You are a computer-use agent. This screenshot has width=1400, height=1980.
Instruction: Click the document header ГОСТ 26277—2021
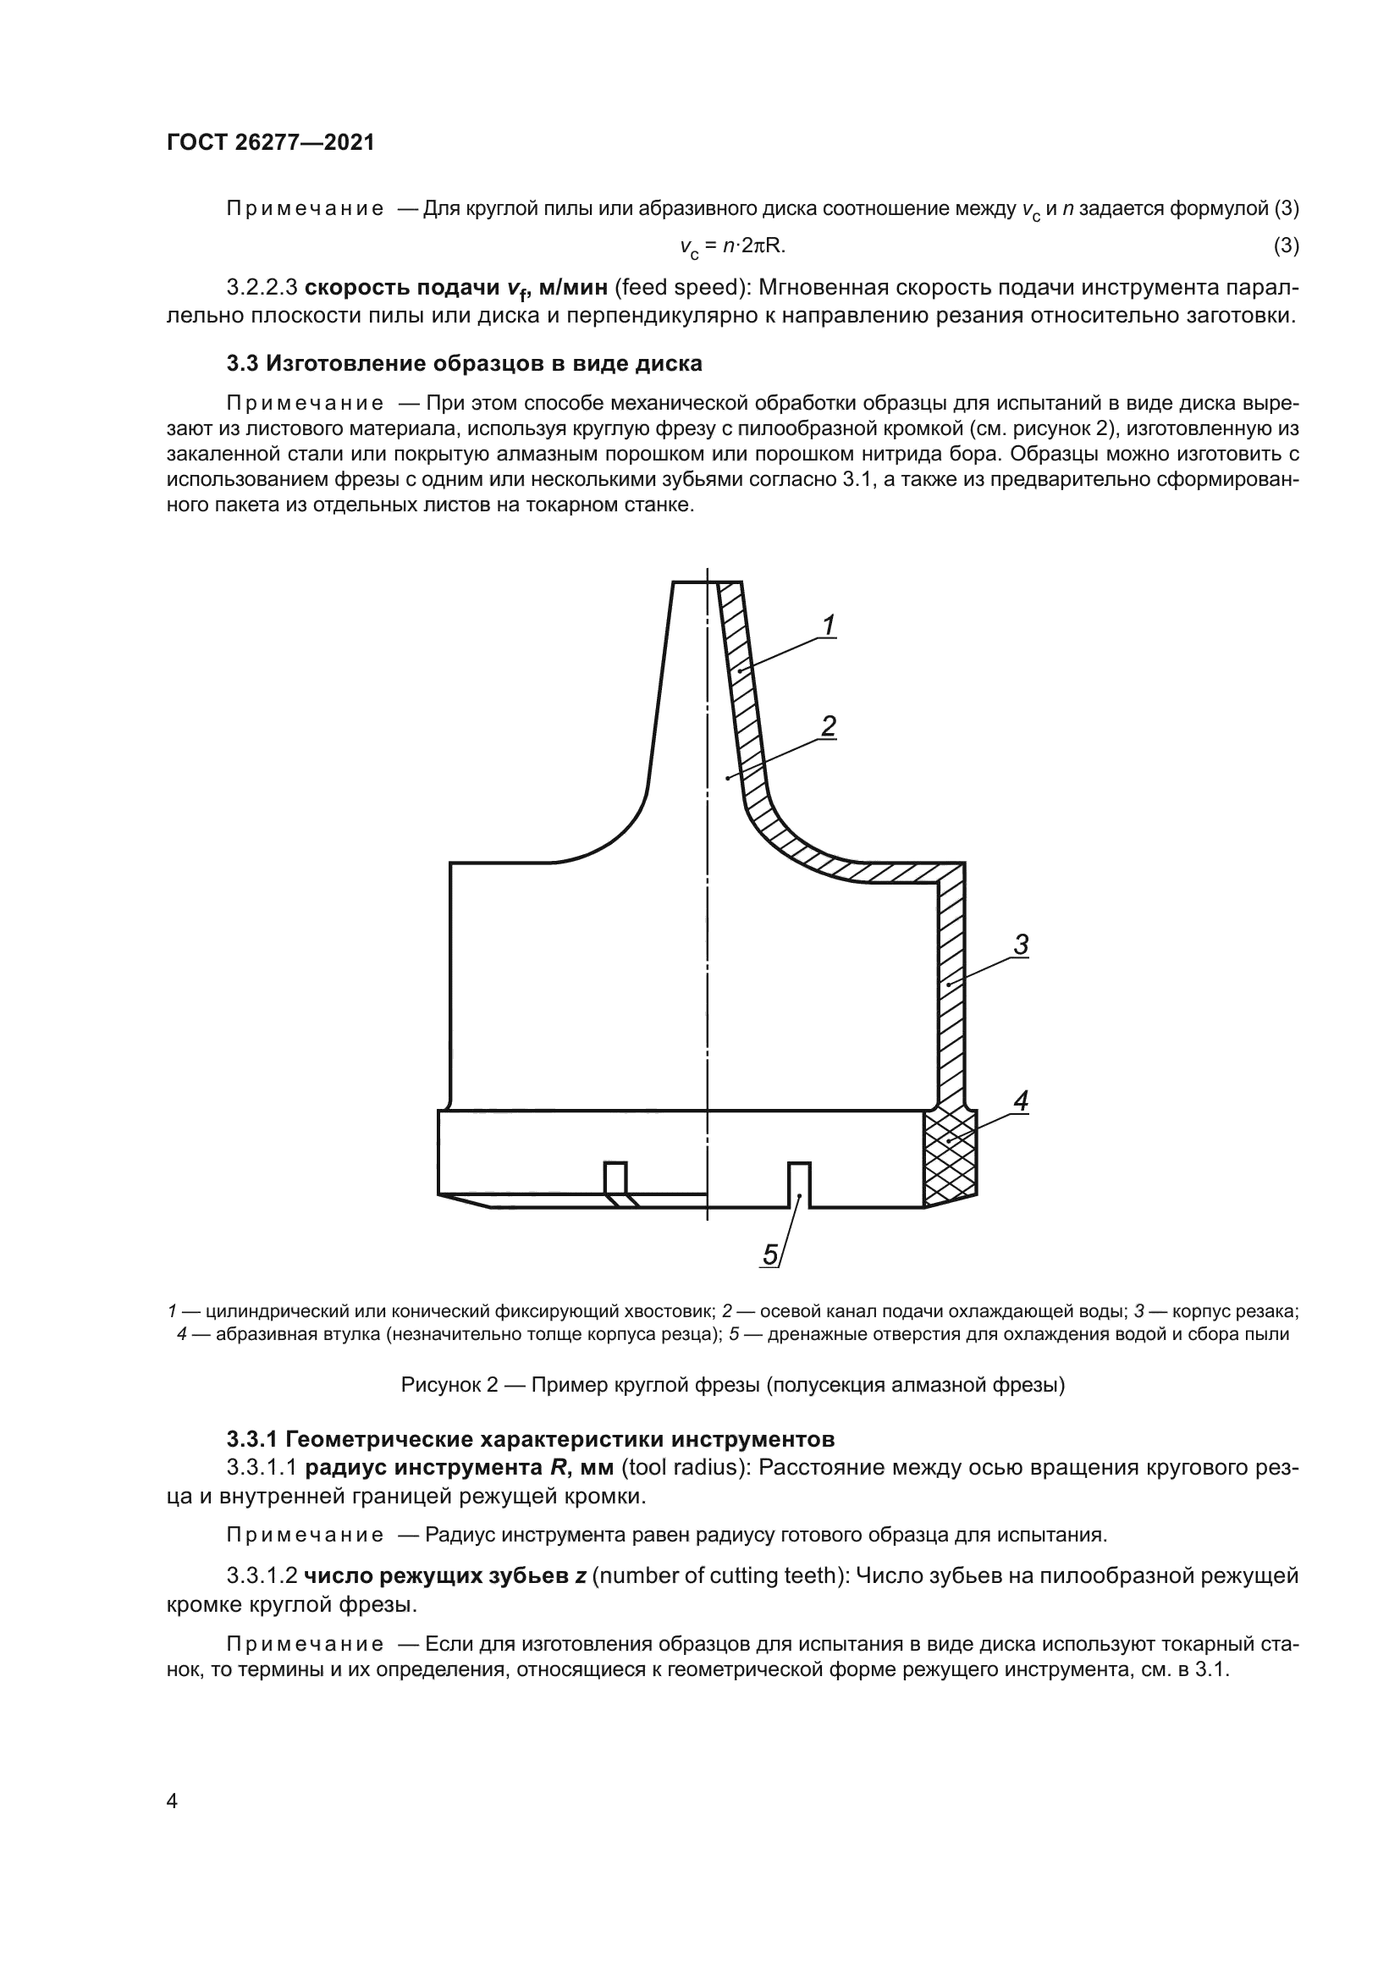click(x=271, y=143)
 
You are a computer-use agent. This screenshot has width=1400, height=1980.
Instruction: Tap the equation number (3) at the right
click(x=1286, y=246)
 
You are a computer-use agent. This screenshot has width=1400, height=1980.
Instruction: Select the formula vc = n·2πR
click(x=732, y=247)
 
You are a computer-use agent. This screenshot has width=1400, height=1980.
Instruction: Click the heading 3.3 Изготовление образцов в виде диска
click(x=464, y=363)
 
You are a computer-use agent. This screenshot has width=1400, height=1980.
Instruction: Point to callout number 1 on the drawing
click(x=829, y=626)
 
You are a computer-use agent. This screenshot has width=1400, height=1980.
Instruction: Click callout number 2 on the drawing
click(x=828, y=726)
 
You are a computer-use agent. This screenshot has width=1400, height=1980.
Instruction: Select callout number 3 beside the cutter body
click(x=1021, y=946)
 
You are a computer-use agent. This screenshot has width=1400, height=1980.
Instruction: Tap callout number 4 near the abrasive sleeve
click(x=1021, y=1100)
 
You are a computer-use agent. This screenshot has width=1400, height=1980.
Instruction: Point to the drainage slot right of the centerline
click(x=799, y=1183)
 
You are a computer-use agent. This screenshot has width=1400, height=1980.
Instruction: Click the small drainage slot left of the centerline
click(x=615, y=1178)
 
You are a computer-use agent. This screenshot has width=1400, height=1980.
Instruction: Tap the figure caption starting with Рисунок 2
click(x=733, y=1385)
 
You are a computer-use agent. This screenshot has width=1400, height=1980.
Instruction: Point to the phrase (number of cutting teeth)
click(x=720, y=1575)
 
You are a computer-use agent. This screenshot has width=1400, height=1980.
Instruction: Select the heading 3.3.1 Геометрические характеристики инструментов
click(x=530, y=1438)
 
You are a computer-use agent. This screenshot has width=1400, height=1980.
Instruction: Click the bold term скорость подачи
click(x=403, y=287)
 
